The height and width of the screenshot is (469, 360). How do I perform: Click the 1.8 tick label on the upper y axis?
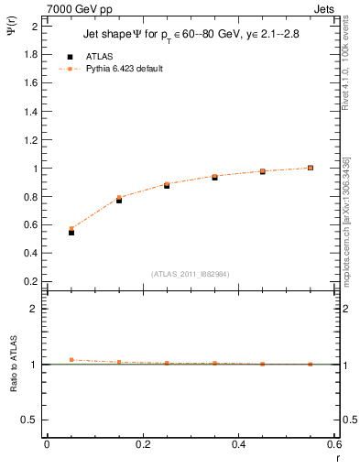[29, 54]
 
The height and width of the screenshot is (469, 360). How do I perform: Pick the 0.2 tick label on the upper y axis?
[29, 281]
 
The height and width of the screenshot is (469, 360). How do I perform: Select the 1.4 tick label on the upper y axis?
[29, 111]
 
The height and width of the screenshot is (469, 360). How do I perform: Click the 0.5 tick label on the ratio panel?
[29, 420]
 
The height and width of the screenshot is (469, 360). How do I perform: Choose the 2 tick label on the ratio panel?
[34, 310]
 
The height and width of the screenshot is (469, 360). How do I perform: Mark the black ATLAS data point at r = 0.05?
[71, 233]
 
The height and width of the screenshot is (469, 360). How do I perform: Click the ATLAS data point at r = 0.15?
[119, 200]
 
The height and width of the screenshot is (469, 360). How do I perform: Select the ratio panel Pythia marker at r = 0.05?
[71, 360]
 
